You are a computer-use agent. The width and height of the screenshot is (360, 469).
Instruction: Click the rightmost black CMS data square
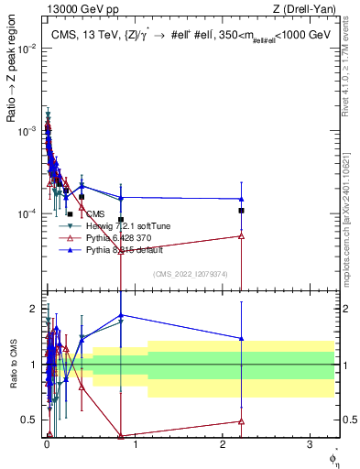click(x=241, y=211)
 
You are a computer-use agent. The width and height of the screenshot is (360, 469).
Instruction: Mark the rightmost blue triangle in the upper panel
click(x=241, y=199)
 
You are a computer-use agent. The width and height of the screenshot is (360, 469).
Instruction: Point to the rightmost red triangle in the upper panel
click(x=241, y=236)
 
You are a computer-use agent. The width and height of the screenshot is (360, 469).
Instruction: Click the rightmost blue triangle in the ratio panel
click(x=241, y=338)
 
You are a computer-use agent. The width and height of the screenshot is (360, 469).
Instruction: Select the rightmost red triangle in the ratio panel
click(x=241, y=421)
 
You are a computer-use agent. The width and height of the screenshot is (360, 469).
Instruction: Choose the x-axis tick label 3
click(x=310, y=445)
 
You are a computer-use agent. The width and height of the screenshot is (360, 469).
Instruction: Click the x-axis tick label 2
click(x=223, y=445)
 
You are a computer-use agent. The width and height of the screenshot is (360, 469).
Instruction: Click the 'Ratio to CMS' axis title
click(x=11, y=365)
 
